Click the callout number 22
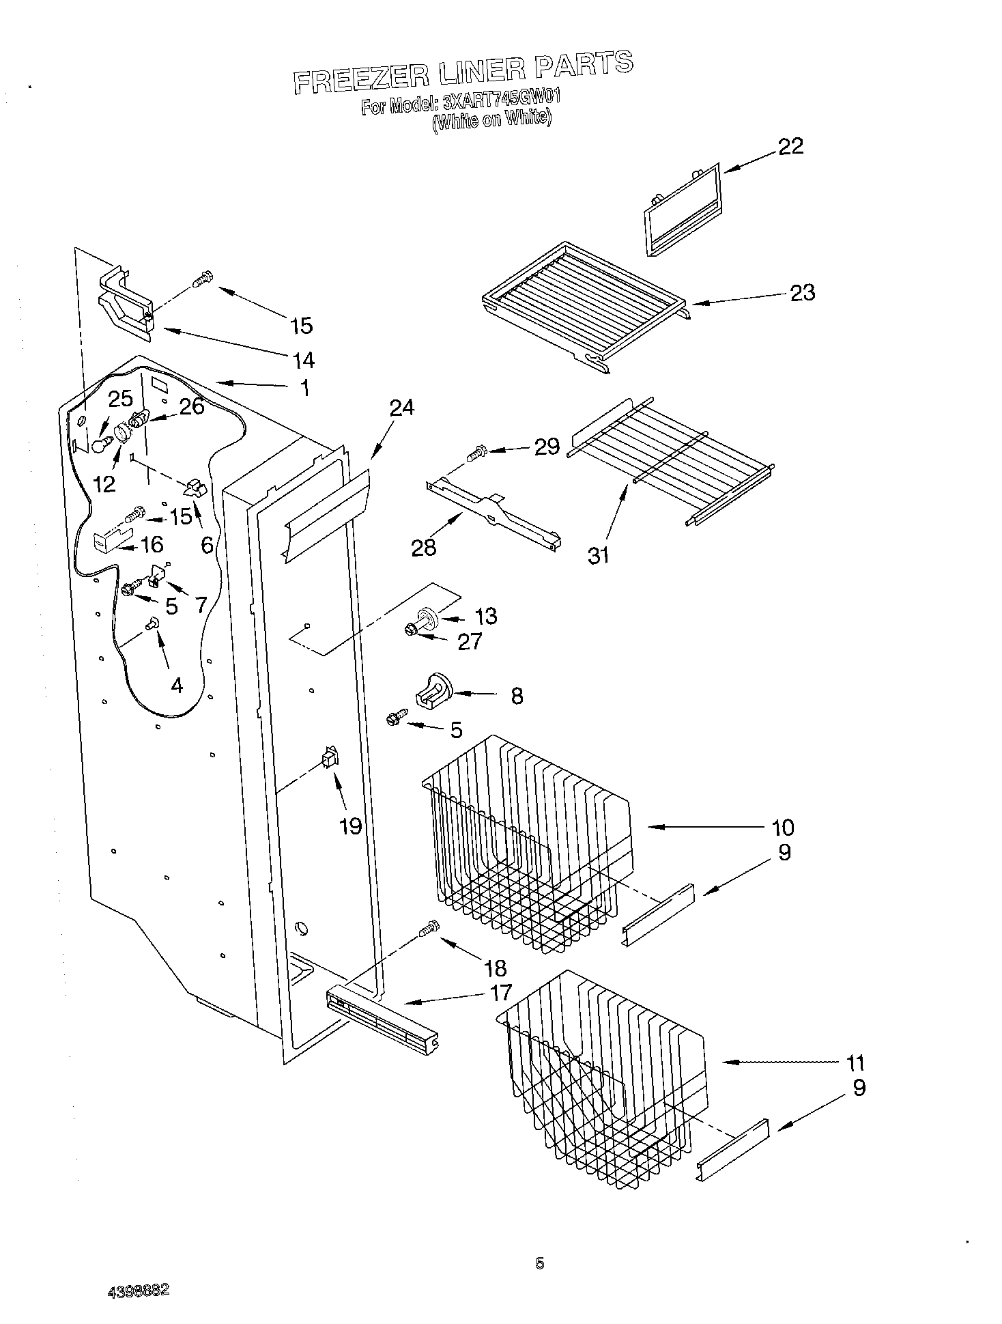coord(791,146)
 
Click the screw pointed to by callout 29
coord(476,451)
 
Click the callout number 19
coord(350,826)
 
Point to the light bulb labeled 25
coord(101,445)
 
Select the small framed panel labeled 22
coord(683,208)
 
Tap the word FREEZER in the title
coord(360,79)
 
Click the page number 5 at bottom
coord(539,1264)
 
